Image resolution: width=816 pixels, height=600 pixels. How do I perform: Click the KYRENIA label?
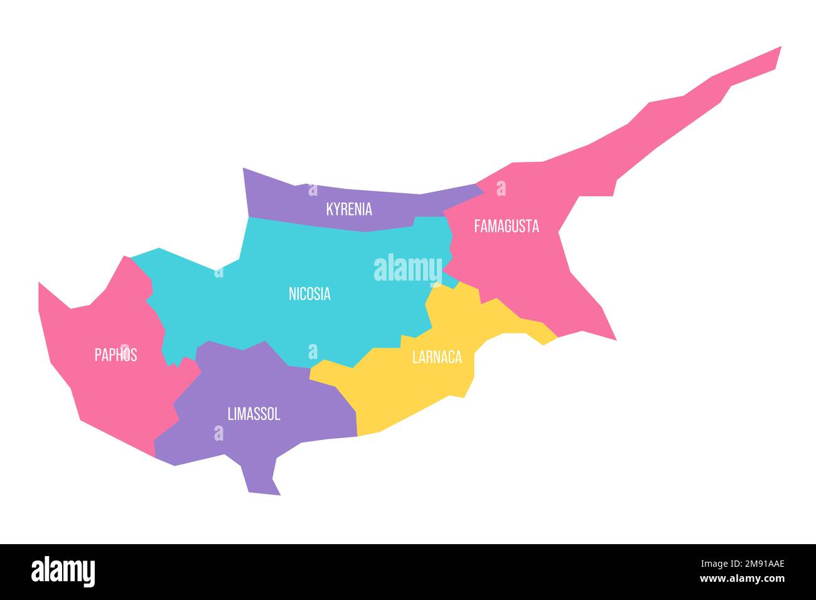click(x=349, y=209)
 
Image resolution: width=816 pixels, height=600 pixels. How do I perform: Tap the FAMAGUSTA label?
click(x=506, y=226)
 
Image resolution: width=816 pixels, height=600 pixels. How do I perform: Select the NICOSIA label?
click(x=309, y=293)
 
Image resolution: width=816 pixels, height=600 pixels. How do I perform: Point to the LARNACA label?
click(x=437, y=357)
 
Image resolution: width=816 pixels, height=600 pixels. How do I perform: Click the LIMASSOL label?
click(x=254, y=414)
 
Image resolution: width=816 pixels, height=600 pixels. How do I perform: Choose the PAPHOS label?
click(x=115, y=355)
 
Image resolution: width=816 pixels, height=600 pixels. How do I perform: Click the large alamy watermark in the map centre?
click(x=408, y=269)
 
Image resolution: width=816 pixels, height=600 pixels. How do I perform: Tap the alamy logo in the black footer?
click(x=63, y=572)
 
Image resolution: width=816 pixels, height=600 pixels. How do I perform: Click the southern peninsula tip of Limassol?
click(x=264, y=490)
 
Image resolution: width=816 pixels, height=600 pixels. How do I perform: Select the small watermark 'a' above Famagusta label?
click(x=501, y=188)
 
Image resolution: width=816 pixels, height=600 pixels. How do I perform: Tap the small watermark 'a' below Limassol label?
click(x=218, y=432)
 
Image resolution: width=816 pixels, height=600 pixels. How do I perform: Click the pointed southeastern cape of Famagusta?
click(x=613, y=338)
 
